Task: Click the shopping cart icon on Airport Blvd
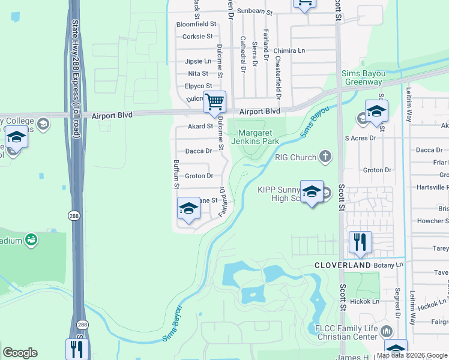[x=214, y=102]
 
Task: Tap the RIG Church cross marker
[x=325, y=157]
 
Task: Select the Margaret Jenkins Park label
[x=260, y=137]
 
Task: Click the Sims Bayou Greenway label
[x=362, y=77]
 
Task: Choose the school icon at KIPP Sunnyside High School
[x=312, y=192]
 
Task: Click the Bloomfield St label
[x=196, y=24]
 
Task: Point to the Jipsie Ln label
[x=198, y=61]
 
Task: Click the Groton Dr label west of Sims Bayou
[x=199, y=176]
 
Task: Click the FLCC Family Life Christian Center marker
[x=386, y=331]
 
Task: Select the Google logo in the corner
[x=20, y=353]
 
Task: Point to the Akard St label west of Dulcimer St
[x=200, y=127]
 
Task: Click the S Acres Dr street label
[x=360, y=138]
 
